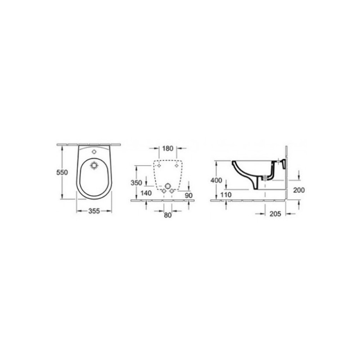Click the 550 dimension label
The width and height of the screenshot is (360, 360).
pyautogui.click(x=62, y=172)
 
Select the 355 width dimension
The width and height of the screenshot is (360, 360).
pyautogui.click(x=94, y=211)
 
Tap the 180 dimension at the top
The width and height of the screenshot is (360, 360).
pyautogui.click(x=167, y=148)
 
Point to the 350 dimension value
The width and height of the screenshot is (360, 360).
pyautogui.click(x=136, y=183)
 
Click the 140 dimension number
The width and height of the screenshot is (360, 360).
pyautogui.click(x=146, y=193)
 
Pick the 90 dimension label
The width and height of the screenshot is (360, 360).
pyautogui.click(x=189, y=195)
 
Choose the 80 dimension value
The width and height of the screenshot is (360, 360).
pyautogui.click(x=167, y=215)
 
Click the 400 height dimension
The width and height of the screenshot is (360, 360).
pyautogui.click(x=216, y=180)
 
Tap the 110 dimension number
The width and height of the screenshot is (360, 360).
pyautogui.click(x=226, y=195)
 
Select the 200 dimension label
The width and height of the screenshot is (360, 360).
pyautogui.click(x=299, y=190)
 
